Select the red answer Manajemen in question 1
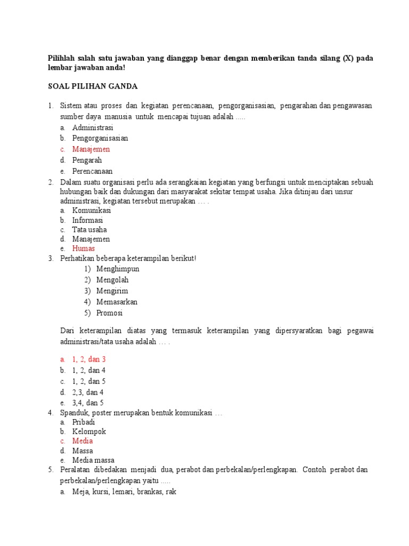[91, 149]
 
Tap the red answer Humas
[84, 248]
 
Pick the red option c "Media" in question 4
[83, 441]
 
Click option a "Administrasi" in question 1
[93, 128]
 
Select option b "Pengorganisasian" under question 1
[100, 138]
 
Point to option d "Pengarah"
[87, 160]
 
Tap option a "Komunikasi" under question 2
[92, 210]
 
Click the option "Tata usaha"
[89, 230]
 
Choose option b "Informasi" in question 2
[88, 220]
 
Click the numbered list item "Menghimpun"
[118, 269]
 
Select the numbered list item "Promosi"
[110, 313]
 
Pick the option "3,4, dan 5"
[88, 403]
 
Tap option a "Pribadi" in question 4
[84, 422]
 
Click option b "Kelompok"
[89, 431]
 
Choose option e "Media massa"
[93, 460]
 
